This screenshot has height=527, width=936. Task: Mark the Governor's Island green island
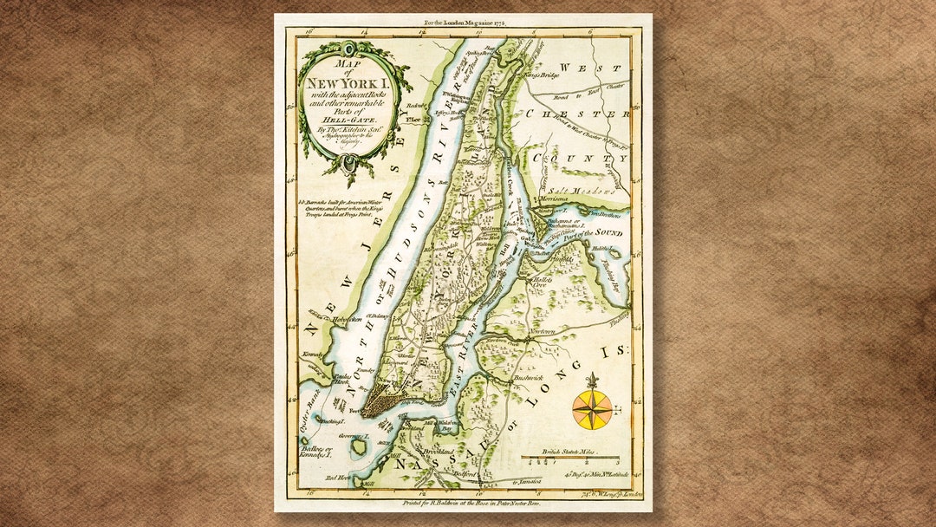click(x=358, y=447)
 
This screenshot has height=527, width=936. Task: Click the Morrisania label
click(x=551, y=199)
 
